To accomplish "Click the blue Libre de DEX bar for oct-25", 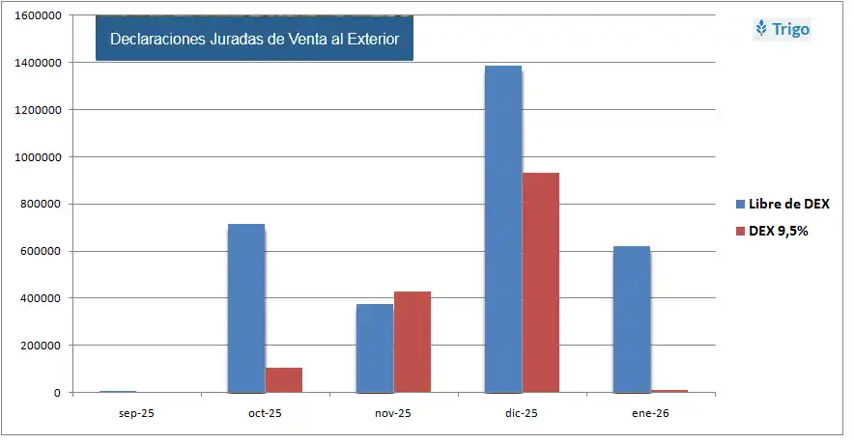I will click(246, 309).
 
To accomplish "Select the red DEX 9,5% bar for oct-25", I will click(284, 380).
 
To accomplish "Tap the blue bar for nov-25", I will click(375, 348).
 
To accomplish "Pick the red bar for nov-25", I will click(413, 342).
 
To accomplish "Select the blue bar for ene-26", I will click(632, 319).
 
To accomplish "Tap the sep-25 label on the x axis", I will click(136, 412).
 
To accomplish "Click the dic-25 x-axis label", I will click(522, 412).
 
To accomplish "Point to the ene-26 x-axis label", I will click(650, 412).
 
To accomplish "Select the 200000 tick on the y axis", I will click(38, 346).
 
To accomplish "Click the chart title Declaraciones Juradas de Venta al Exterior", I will click(254, 39).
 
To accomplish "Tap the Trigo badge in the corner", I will click(783, 29).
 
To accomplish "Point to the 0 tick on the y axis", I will click(56, 393).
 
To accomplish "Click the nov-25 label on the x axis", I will click(393, 412).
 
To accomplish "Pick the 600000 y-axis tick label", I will click(38, 252).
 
